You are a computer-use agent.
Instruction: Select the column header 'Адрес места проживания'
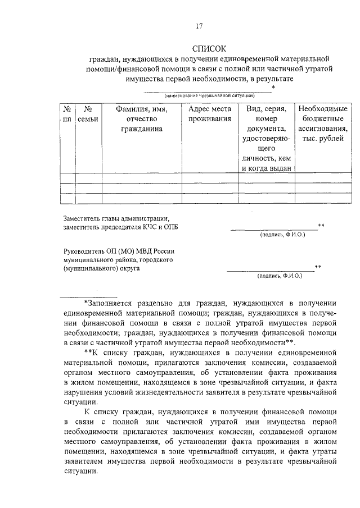point(209,114)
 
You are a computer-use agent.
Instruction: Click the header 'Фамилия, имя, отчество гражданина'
point(141,119)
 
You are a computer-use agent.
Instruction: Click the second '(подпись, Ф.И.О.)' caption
point(280,276)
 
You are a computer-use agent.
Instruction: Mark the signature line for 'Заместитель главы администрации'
point(273,230)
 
